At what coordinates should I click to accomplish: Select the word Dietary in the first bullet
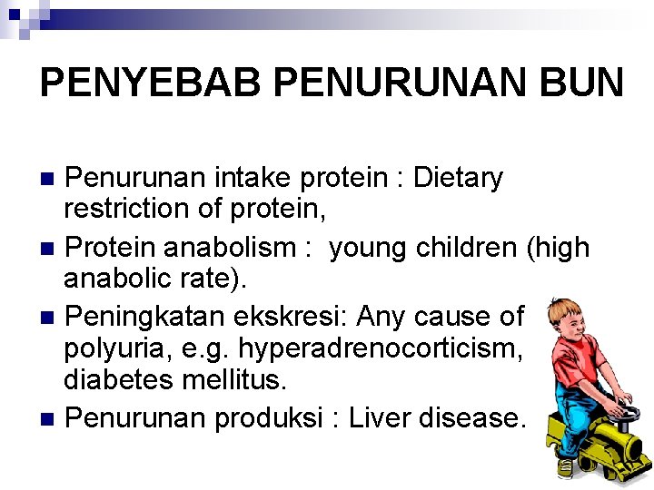pyautogui.click(x=458, y=178)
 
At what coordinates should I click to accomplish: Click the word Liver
pyautogui.click(x=392, y=417)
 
